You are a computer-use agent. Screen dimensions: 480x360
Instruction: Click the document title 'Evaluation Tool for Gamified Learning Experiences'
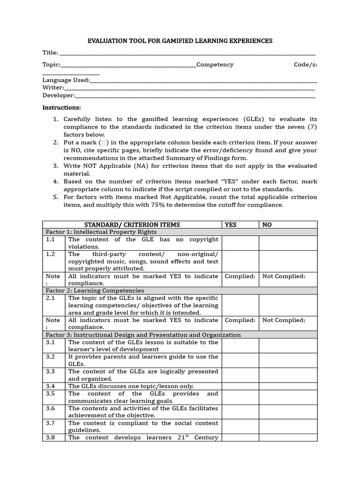pyautogui.click(x=180, y=41)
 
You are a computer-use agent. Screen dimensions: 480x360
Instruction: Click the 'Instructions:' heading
pyautogui.click(x=61, y=107)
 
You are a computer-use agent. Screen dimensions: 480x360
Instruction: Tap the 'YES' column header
pyautogui.click(x=231, y=225)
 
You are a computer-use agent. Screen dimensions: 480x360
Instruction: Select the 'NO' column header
pyautogui.click(x=267, y=225)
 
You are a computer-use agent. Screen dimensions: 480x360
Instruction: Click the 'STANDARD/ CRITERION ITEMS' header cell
pyautogui.click(x=132, y=225)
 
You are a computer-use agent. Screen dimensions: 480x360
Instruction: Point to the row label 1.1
pyautogui.click(x=51, y=240)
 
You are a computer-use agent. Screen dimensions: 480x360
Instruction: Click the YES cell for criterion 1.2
pyautogui.click(x=240, y=261)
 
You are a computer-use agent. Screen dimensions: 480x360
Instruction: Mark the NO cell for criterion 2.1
pyautogui.click(x=288, y=305)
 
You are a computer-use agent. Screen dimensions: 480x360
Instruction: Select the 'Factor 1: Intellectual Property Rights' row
pyautogui.click(x=101, y=232)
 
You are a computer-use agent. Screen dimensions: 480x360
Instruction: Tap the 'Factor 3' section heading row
pyautogui.click(x=143, y=335)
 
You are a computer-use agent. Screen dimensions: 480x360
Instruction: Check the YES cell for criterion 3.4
pyautogui.click(x=240, y=386)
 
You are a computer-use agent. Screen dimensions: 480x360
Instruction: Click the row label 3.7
pyautogui.click(x=51, y=423)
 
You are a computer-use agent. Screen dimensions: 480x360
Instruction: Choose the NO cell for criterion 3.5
pyautogui.click(x=288, y=397)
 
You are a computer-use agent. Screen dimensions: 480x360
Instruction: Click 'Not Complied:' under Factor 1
pyautogui.click(x=284, y=276)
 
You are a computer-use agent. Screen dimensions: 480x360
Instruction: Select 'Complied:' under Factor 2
pyautogui.click(x=240, y=320)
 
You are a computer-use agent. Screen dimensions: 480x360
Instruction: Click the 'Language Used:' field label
pyautogui.click(x=66, y=80)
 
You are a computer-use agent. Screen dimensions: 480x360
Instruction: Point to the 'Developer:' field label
pyautogui.click(x=59, y=95)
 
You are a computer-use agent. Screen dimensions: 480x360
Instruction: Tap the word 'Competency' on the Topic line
pyautogui.click(x=215, y=65)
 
